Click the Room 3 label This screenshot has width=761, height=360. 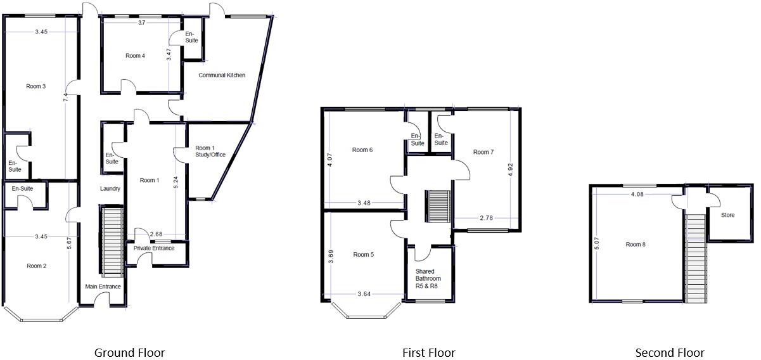(35, 86)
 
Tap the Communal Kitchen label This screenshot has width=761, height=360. (222, 75)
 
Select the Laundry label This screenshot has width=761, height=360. (110, 189)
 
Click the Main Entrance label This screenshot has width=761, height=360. (103, 287)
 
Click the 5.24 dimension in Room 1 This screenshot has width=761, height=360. (176, 179)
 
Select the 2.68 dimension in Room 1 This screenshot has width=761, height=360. (157, 234)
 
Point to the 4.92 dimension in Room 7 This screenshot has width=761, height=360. (511, 169)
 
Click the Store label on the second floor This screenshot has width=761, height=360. (727, 215)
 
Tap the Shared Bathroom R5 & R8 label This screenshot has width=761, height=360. (428, 279)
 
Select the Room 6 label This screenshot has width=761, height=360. (362, 150)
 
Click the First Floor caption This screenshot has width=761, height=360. (428, 353)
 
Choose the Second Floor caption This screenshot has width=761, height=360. (670, 353)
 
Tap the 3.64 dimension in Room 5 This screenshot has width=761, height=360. (364, 294)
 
